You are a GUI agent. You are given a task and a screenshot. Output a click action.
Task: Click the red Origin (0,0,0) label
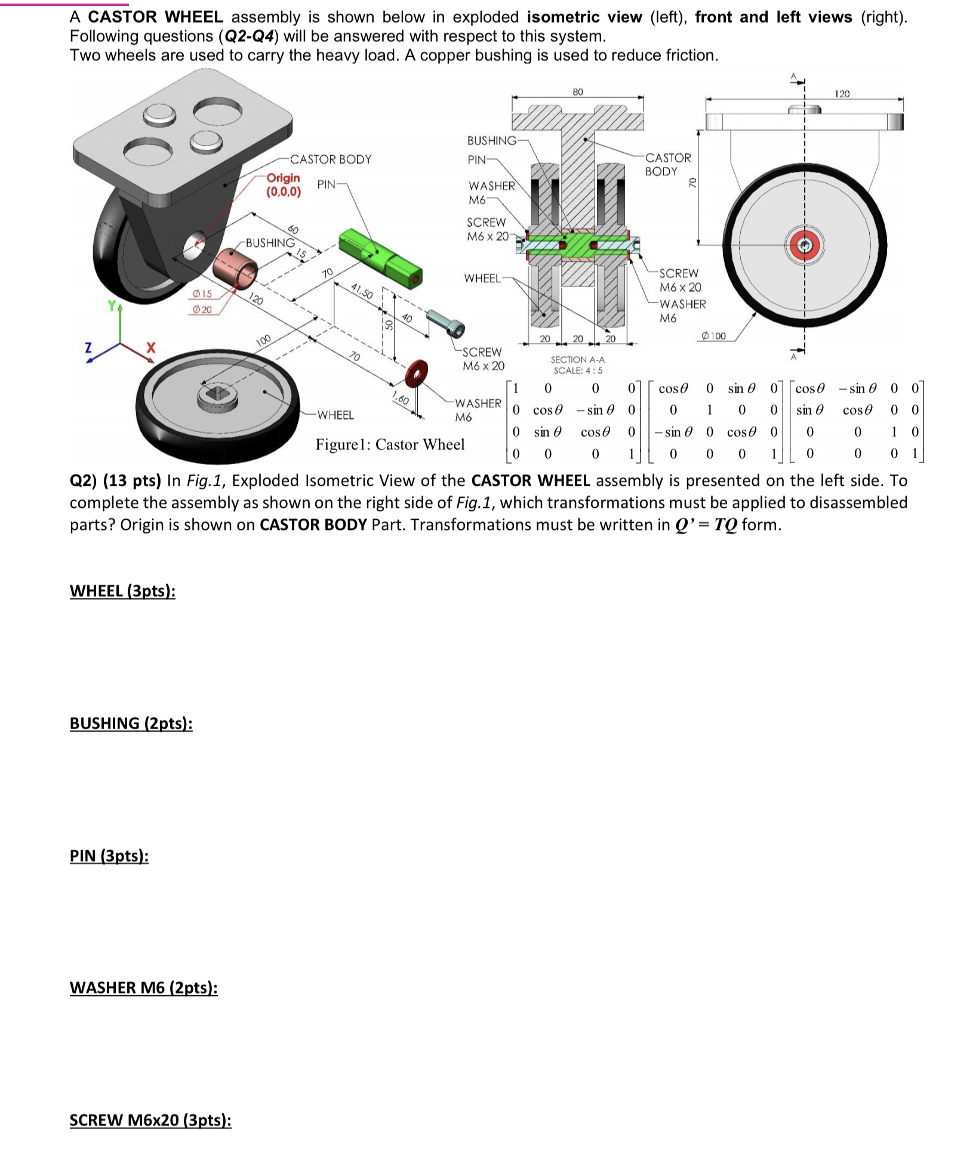coord(284,185)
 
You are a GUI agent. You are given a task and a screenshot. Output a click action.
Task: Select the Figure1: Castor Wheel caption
coord(390,445)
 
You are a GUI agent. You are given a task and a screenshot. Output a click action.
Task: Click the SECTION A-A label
coord(577,360)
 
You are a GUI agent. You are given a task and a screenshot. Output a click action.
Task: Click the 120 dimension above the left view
coord(842,94)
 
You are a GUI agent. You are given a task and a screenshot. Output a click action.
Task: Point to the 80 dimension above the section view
coord(577,92)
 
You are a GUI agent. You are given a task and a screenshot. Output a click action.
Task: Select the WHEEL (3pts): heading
coord(122,591)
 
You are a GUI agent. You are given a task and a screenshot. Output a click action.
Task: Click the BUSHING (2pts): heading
coord(131,723)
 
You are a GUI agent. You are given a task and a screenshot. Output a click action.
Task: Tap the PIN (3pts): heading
coord(109,856)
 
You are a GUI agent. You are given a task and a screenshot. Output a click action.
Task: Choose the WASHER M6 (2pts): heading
coord(143,988)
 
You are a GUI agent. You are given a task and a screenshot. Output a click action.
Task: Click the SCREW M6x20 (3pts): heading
coord(150,1120)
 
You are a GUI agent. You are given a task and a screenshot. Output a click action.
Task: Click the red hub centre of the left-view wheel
coord(805,245)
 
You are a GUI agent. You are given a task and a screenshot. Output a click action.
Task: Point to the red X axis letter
coord(151,347)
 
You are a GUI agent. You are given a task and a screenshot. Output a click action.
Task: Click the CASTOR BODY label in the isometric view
coord(330,159)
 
